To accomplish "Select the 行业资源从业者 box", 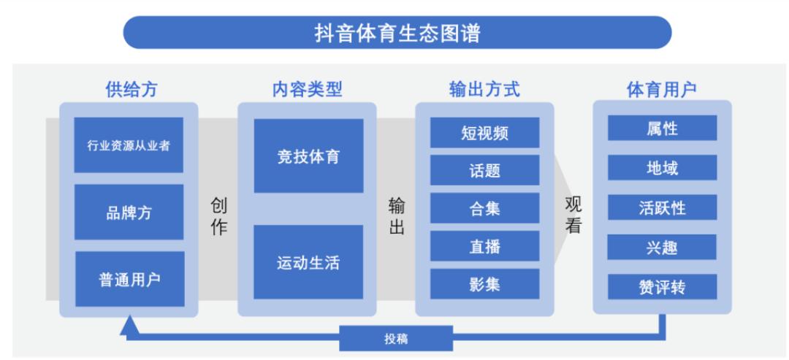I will tap(129, 145).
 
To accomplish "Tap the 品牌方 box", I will tap(129, 212).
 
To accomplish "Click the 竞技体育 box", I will tap(308, 156).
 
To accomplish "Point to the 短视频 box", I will tap(485, 133).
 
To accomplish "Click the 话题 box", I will tap(485, 171).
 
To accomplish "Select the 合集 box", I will tap(485, 209).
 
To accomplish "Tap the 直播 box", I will tap(485, 247).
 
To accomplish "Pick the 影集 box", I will tap(485, 285).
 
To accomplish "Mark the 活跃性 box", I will tap(663, 207).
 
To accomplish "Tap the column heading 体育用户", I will tap(662, 89).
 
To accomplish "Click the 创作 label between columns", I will tap(218, 217).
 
